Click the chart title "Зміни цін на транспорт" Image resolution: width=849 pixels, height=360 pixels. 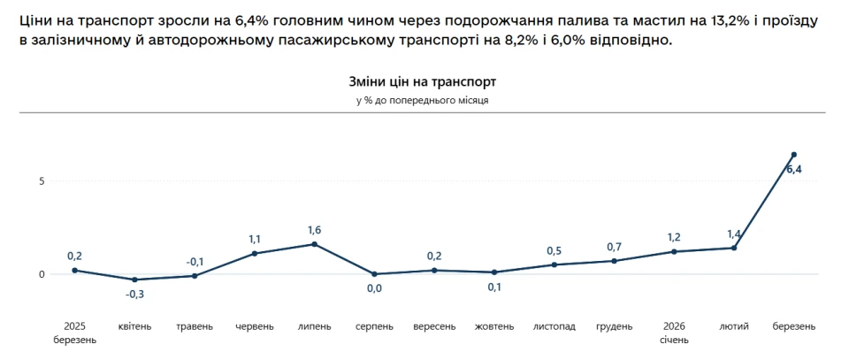tap(422, 81)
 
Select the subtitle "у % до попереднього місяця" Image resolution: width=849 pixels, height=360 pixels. tap(422, 101)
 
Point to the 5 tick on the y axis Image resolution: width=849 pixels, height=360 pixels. tap(41, 180)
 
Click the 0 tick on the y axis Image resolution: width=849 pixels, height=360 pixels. tap(41, 274)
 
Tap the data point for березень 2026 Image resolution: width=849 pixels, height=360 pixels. tap(793, 155)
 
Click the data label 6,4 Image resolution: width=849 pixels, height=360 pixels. tap(793, 170)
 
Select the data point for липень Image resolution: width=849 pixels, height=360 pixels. tap(314, 244)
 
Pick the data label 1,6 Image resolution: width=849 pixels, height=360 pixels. tap(314, 230)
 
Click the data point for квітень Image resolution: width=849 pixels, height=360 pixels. tap(134, 280)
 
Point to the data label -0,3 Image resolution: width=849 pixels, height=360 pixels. tap(134, 294)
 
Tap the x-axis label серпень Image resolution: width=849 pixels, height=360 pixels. tap(374, 326)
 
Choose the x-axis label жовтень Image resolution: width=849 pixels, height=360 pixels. tap(494, 326)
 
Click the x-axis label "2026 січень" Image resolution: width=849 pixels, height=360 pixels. tap(674, 333)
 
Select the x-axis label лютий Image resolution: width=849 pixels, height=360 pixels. tap(734, 326)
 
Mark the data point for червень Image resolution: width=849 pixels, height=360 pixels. tap(255, 254)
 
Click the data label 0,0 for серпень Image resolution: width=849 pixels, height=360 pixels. tap(374, 288)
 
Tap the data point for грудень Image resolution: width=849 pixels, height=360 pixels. tap(614, 261)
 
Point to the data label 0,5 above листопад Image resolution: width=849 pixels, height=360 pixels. tap(555, 250)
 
